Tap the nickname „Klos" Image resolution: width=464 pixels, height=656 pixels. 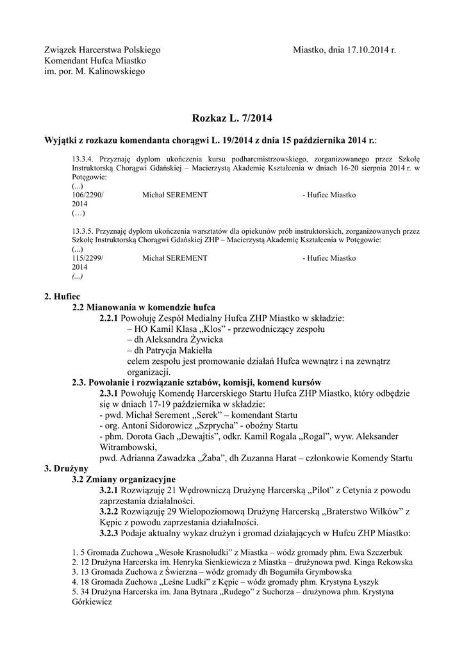196,329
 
